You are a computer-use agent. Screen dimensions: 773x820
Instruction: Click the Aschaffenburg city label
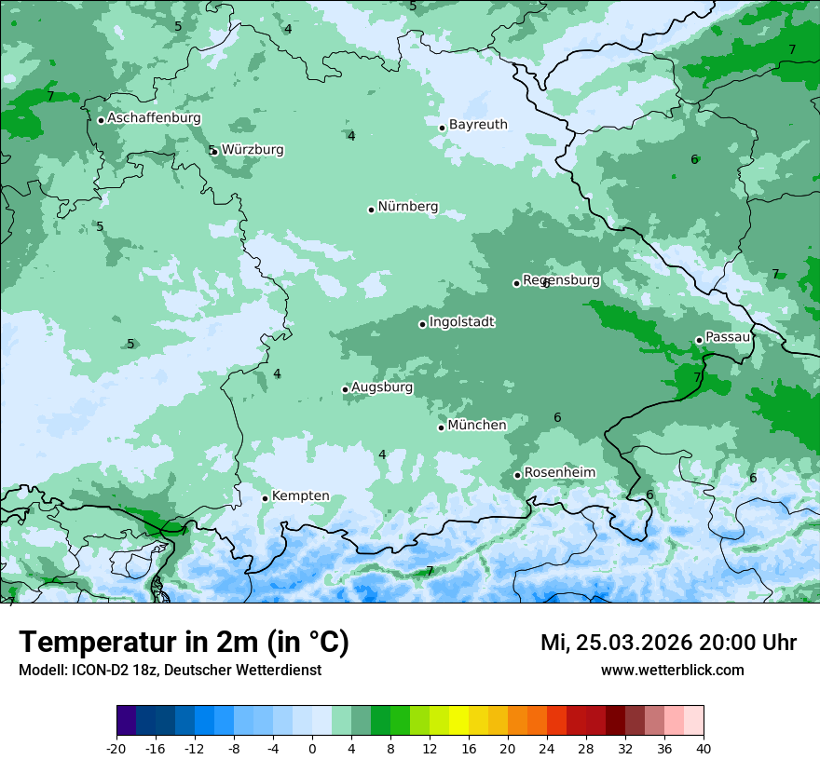coord(154,118)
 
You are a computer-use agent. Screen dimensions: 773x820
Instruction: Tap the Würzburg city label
coord(253,149)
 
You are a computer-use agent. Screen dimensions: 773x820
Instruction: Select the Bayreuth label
coord(478,124)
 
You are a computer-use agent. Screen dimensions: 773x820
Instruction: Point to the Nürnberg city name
coord(407,207)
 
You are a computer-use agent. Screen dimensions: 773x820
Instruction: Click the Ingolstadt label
coord(461,322)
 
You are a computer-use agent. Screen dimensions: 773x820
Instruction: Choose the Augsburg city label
coord(382,387)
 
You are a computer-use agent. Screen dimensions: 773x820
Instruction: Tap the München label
coord(477,426)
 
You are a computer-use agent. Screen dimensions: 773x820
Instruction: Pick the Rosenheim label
coord(559,473)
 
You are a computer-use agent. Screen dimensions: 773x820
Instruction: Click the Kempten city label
coord(300,495)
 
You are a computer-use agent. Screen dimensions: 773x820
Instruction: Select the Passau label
coord(728,337)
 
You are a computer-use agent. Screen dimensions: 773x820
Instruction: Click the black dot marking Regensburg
coord(516,283)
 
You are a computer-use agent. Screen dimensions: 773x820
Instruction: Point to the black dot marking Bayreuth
coord(443,128)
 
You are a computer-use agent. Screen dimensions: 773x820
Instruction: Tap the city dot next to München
coord(442,427)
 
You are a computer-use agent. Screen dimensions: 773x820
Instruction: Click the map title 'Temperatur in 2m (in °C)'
coord(184,643)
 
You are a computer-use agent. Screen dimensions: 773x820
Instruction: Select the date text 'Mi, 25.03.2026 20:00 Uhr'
coord(668,643)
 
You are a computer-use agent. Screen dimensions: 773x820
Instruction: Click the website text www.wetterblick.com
coord(672,671)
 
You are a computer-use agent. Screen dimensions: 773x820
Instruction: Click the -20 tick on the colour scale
coord(116,748)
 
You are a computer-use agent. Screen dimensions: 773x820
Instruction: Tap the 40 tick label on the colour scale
coord(703,748)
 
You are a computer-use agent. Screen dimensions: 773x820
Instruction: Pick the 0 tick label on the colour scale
coord(312,748)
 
